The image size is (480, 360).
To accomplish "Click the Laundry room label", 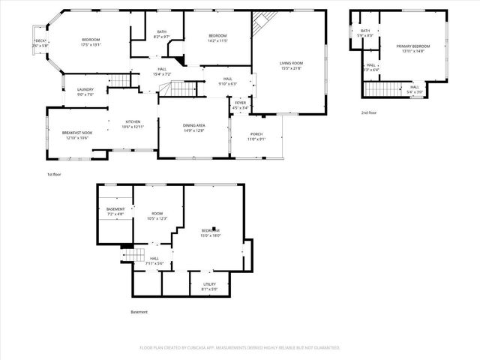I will (x=85, y=91).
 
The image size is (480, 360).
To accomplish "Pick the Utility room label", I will (x=210, y=286).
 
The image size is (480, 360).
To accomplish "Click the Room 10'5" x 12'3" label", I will (x=157, y=216).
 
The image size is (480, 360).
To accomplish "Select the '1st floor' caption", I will (x=55, y=173).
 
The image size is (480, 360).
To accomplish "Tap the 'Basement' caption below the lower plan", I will (x=139, y=312).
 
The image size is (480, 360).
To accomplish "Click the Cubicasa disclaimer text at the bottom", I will (x=240, y=348).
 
